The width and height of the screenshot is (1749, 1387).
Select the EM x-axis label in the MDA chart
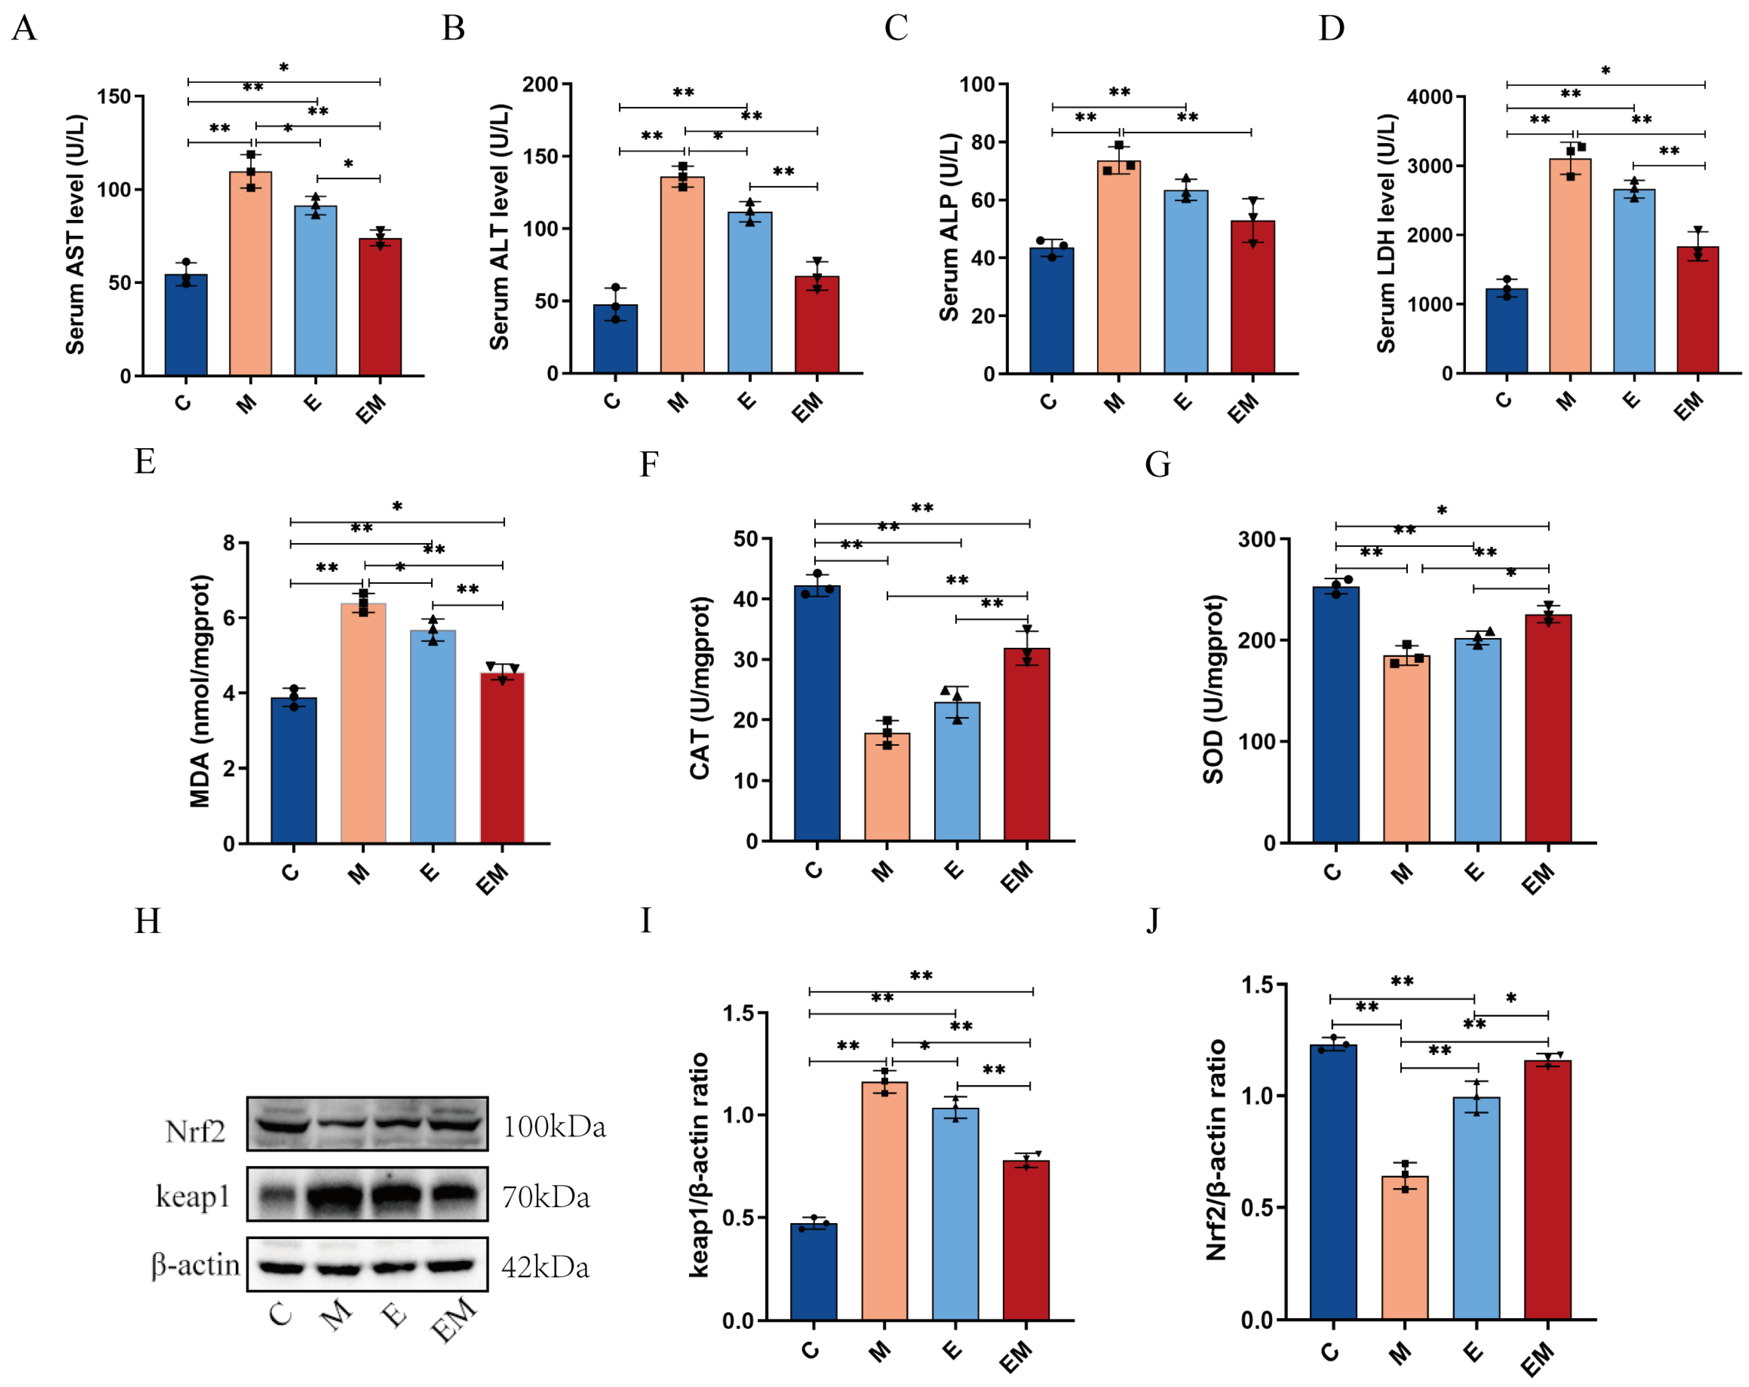pyautogui.click(x=492, y=879)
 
